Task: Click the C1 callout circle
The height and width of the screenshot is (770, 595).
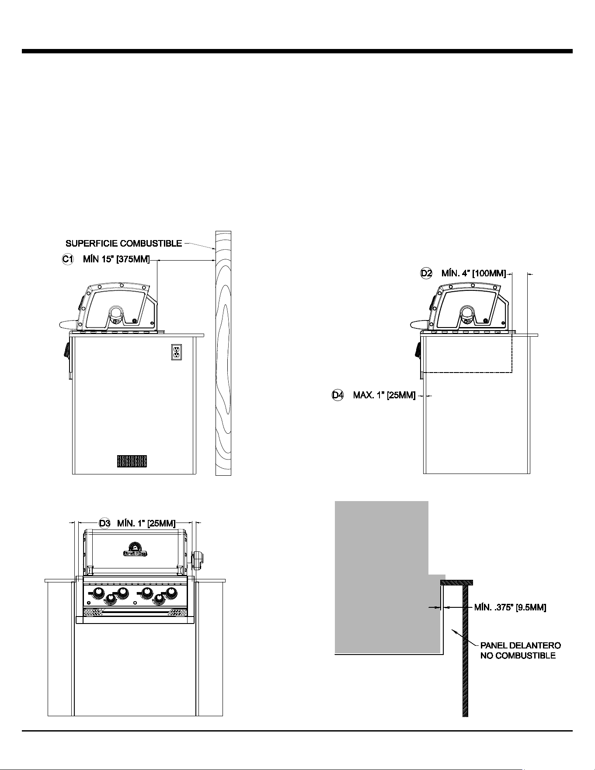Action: point(67,259)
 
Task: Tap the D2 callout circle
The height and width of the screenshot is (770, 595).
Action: point(426,273)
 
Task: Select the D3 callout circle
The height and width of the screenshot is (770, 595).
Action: point(104,523)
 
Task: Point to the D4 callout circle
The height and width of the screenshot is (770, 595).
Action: point(338,395)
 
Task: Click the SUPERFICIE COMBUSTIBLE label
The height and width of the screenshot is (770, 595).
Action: point(124,243)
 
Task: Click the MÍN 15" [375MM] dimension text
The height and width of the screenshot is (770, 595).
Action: point(116,260)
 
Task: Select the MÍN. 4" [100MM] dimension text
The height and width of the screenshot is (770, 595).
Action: point(473,274)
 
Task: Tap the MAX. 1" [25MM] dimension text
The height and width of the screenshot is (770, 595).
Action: point(384,396)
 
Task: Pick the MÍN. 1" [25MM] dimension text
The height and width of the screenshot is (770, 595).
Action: point(146,523)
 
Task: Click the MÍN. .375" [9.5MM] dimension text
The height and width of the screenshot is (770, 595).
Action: point(510,607)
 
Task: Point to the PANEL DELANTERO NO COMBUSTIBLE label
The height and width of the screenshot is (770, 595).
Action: point(520,651)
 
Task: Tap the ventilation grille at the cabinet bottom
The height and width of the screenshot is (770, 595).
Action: point(132,461)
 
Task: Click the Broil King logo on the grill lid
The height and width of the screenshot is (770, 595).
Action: point(135,550)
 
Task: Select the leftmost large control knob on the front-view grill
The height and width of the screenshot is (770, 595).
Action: point(99,593)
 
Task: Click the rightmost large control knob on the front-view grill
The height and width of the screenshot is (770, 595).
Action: point(171,593)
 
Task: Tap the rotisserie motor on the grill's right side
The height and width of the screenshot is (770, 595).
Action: point(198,561)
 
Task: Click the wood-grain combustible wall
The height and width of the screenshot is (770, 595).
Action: point(223,353)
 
